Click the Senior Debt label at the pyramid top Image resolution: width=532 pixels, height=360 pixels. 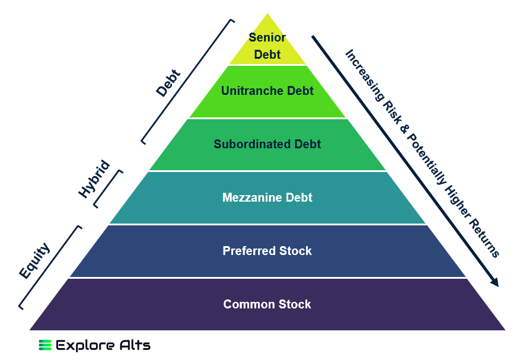(x=267, y=46)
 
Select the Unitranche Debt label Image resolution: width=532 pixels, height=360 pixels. (x=267, y=91)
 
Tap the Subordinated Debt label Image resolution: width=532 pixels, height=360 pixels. (x=267, y=144)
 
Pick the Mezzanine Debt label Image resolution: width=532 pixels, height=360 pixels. (x=267, y=197)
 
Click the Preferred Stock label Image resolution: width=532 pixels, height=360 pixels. (x=267, y=251)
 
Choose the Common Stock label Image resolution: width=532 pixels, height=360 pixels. (x=267, y=304)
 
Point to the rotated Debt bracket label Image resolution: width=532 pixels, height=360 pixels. (x=168, y=82)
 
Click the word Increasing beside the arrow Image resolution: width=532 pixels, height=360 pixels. (x=362, y=74)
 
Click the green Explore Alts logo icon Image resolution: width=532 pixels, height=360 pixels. (x=45, y=345)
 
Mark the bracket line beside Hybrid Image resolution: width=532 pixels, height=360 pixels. (x=108, y=189)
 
